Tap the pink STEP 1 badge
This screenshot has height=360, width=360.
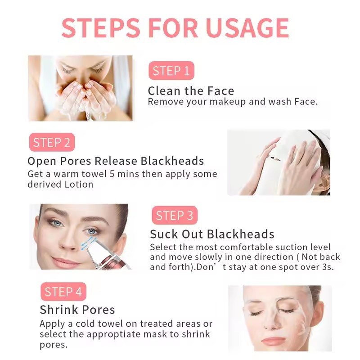pyautogui.click(x=171, y=71)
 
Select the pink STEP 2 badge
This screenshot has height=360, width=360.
pyautogui.click(x=52, y=143)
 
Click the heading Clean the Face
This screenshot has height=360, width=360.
pyautogui.click(x=191, y=91)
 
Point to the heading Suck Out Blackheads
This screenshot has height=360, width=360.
pyautogui.click(x=212, y=234)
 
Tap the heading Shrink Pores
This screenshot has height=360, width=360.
pyautogui.click(x=77, y=310)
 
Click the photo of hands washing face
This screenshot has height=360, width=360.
pyautogui.click(x=80, y=88)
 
